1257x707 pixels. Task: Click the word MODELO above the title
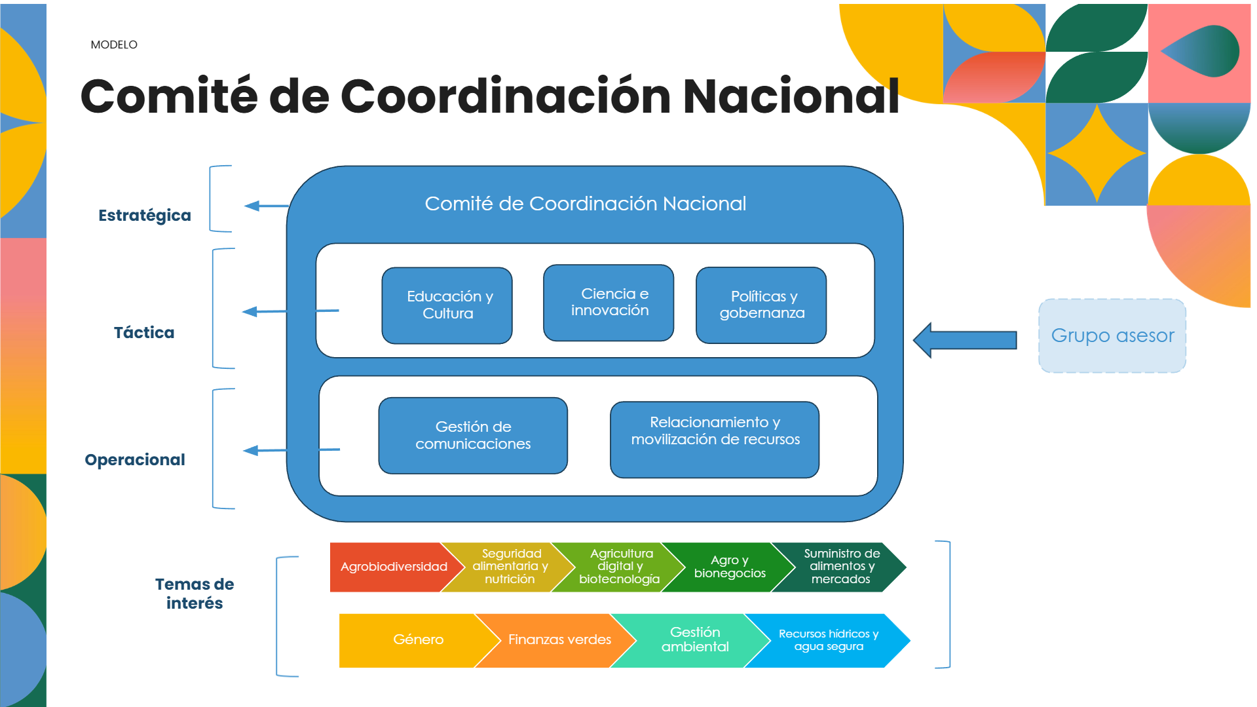(x=114, y=45)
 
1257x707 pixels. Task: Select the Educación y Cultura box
(x=447, y=305)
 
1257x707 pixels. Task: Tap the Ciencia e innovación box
(x=609, y=303)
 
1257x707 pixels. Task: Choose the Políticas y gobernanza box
(x=761, y=305)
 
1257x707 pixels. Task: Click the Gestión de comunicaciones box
(x=473, y=436)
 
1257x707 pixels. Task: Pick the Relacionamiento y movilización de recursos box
(x=715, y=440)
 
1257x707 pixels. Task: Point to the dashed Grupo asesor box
(x=1112, y=336)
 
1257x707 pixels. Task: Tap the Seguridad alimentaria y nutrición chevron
(x=510, y=567)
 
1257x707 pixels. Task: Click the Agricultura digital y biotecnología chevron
(x=620, y=567)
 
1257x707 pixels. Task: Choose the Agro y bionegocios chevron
(x=729, y=567)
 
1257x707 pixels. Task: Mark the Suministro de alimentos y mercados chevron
(x=841, y=567)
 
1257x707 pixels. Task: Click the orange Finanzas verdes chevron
(x=559, y=640)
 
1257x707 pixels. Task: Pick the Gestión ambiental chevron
(x=694, y=640)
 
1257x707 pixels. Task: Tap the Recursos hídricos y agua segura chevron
(x=828, y=640)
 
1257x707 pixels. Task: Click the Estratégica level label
(x=145, y=216)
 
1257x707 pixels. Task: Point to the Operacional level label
(x=135, y=460)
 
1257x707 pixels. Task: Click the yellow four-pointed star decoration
(x=1097, y=153)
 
